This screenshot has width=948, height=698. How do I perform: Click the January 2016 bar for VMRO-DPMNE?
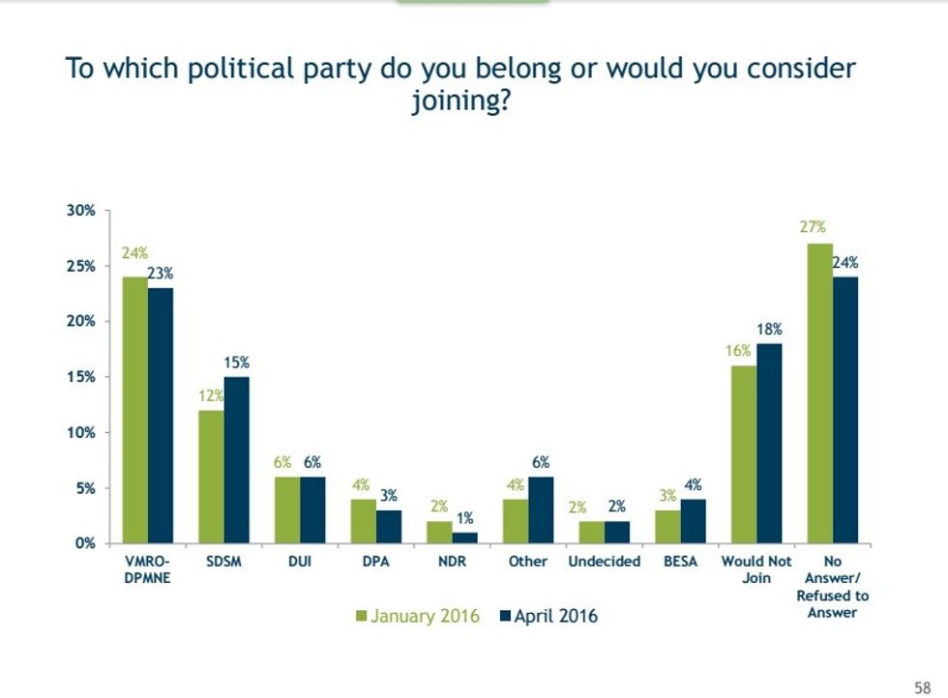(x=134, y=410)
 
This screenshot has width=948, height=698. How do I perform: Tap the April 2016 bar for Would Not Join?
(x=769, y=444)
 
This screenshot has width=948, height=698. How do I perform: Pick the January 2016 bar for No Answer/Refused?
(x=819, y=393)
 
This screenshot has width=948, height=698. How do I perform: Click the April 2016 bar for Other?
(x=542, y=510)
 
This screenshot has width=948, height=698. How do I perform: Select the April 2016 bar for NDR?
(x=464, y=538)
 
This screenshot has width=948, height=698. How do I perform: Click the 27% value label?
(x=813, y=227)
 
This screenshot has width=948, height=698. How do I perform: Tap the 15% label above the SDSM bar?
(x=237, y=363)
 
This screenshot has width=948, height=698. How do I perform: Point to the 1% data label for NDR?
(x=465, y=519)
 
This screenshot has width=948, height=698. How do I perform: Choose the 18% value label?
(x=770, y=330)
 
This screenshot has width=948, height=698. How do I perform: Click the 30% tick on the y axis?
(x=81, y=210)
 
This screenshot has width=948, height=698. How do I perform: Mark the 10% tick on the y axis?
(x=81, y=432)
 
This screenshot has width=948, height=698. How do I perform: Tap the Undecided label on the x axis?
(x=604, y=562)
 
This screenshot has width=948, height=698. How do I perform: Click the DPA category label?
(x=375, y=562)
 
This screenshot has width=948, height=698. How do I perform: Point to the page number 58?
(x=922, y=686)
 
